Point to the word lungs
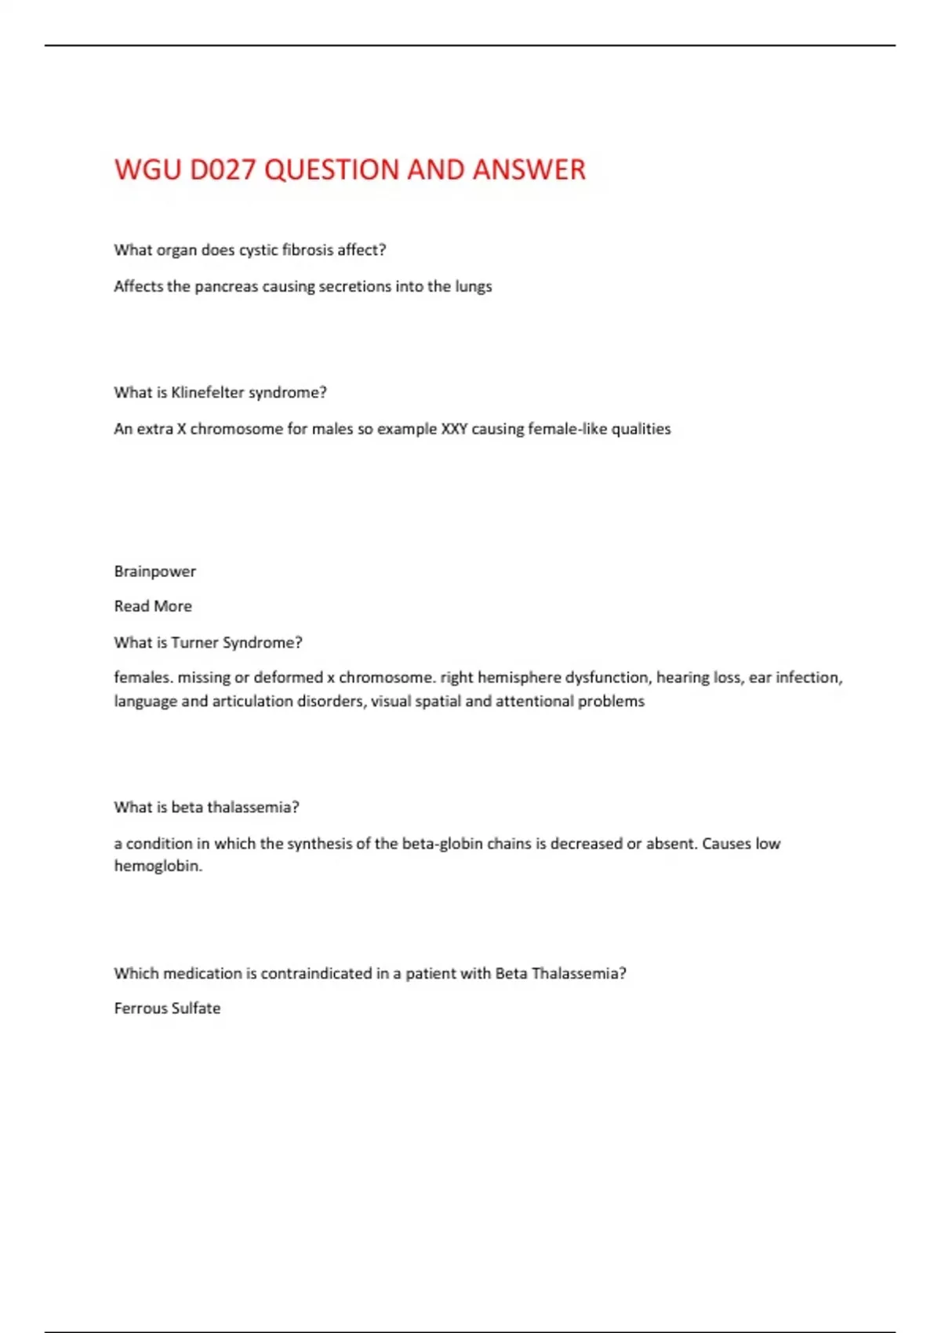click(x=474, y=287)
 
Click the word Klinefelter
click(x=207, y=392)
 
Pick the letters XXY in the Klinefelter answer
click(x=454, y=429)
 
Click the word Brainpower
click(x=154, y=572)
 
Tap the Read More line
click(x=153, y=606)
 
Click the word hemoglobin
click(x=158, y=866)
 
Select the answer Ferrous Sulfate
click(x=167, y=1008)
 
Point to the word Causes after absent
click(x=726, y=844)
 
